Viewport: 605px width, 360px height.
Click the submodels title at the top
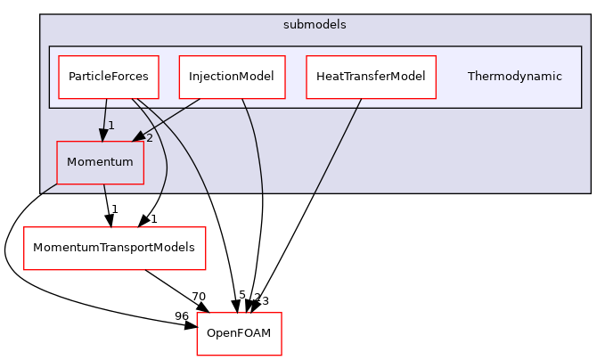315,25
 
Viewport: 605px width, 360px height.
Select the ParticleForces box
109,77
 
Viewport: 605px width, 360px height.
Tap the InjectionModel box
232,77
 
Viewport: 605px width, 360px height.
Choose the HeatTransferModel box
371,77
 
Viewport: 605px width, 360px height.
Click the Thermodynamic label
514,77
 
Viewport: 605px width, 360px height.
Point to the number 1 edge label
111,126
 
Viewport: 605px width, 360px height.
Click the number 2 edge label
149,138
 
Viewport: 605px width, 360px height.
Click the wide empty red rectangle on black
114,249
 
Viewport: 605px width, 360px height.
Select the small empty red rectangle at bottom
239,334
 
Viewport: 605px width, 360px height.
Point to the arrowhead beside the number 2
138,135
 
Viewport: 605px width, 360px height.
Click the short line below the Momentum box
105,188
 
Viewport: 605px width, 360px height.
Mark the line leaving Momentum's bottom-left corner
49,188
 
